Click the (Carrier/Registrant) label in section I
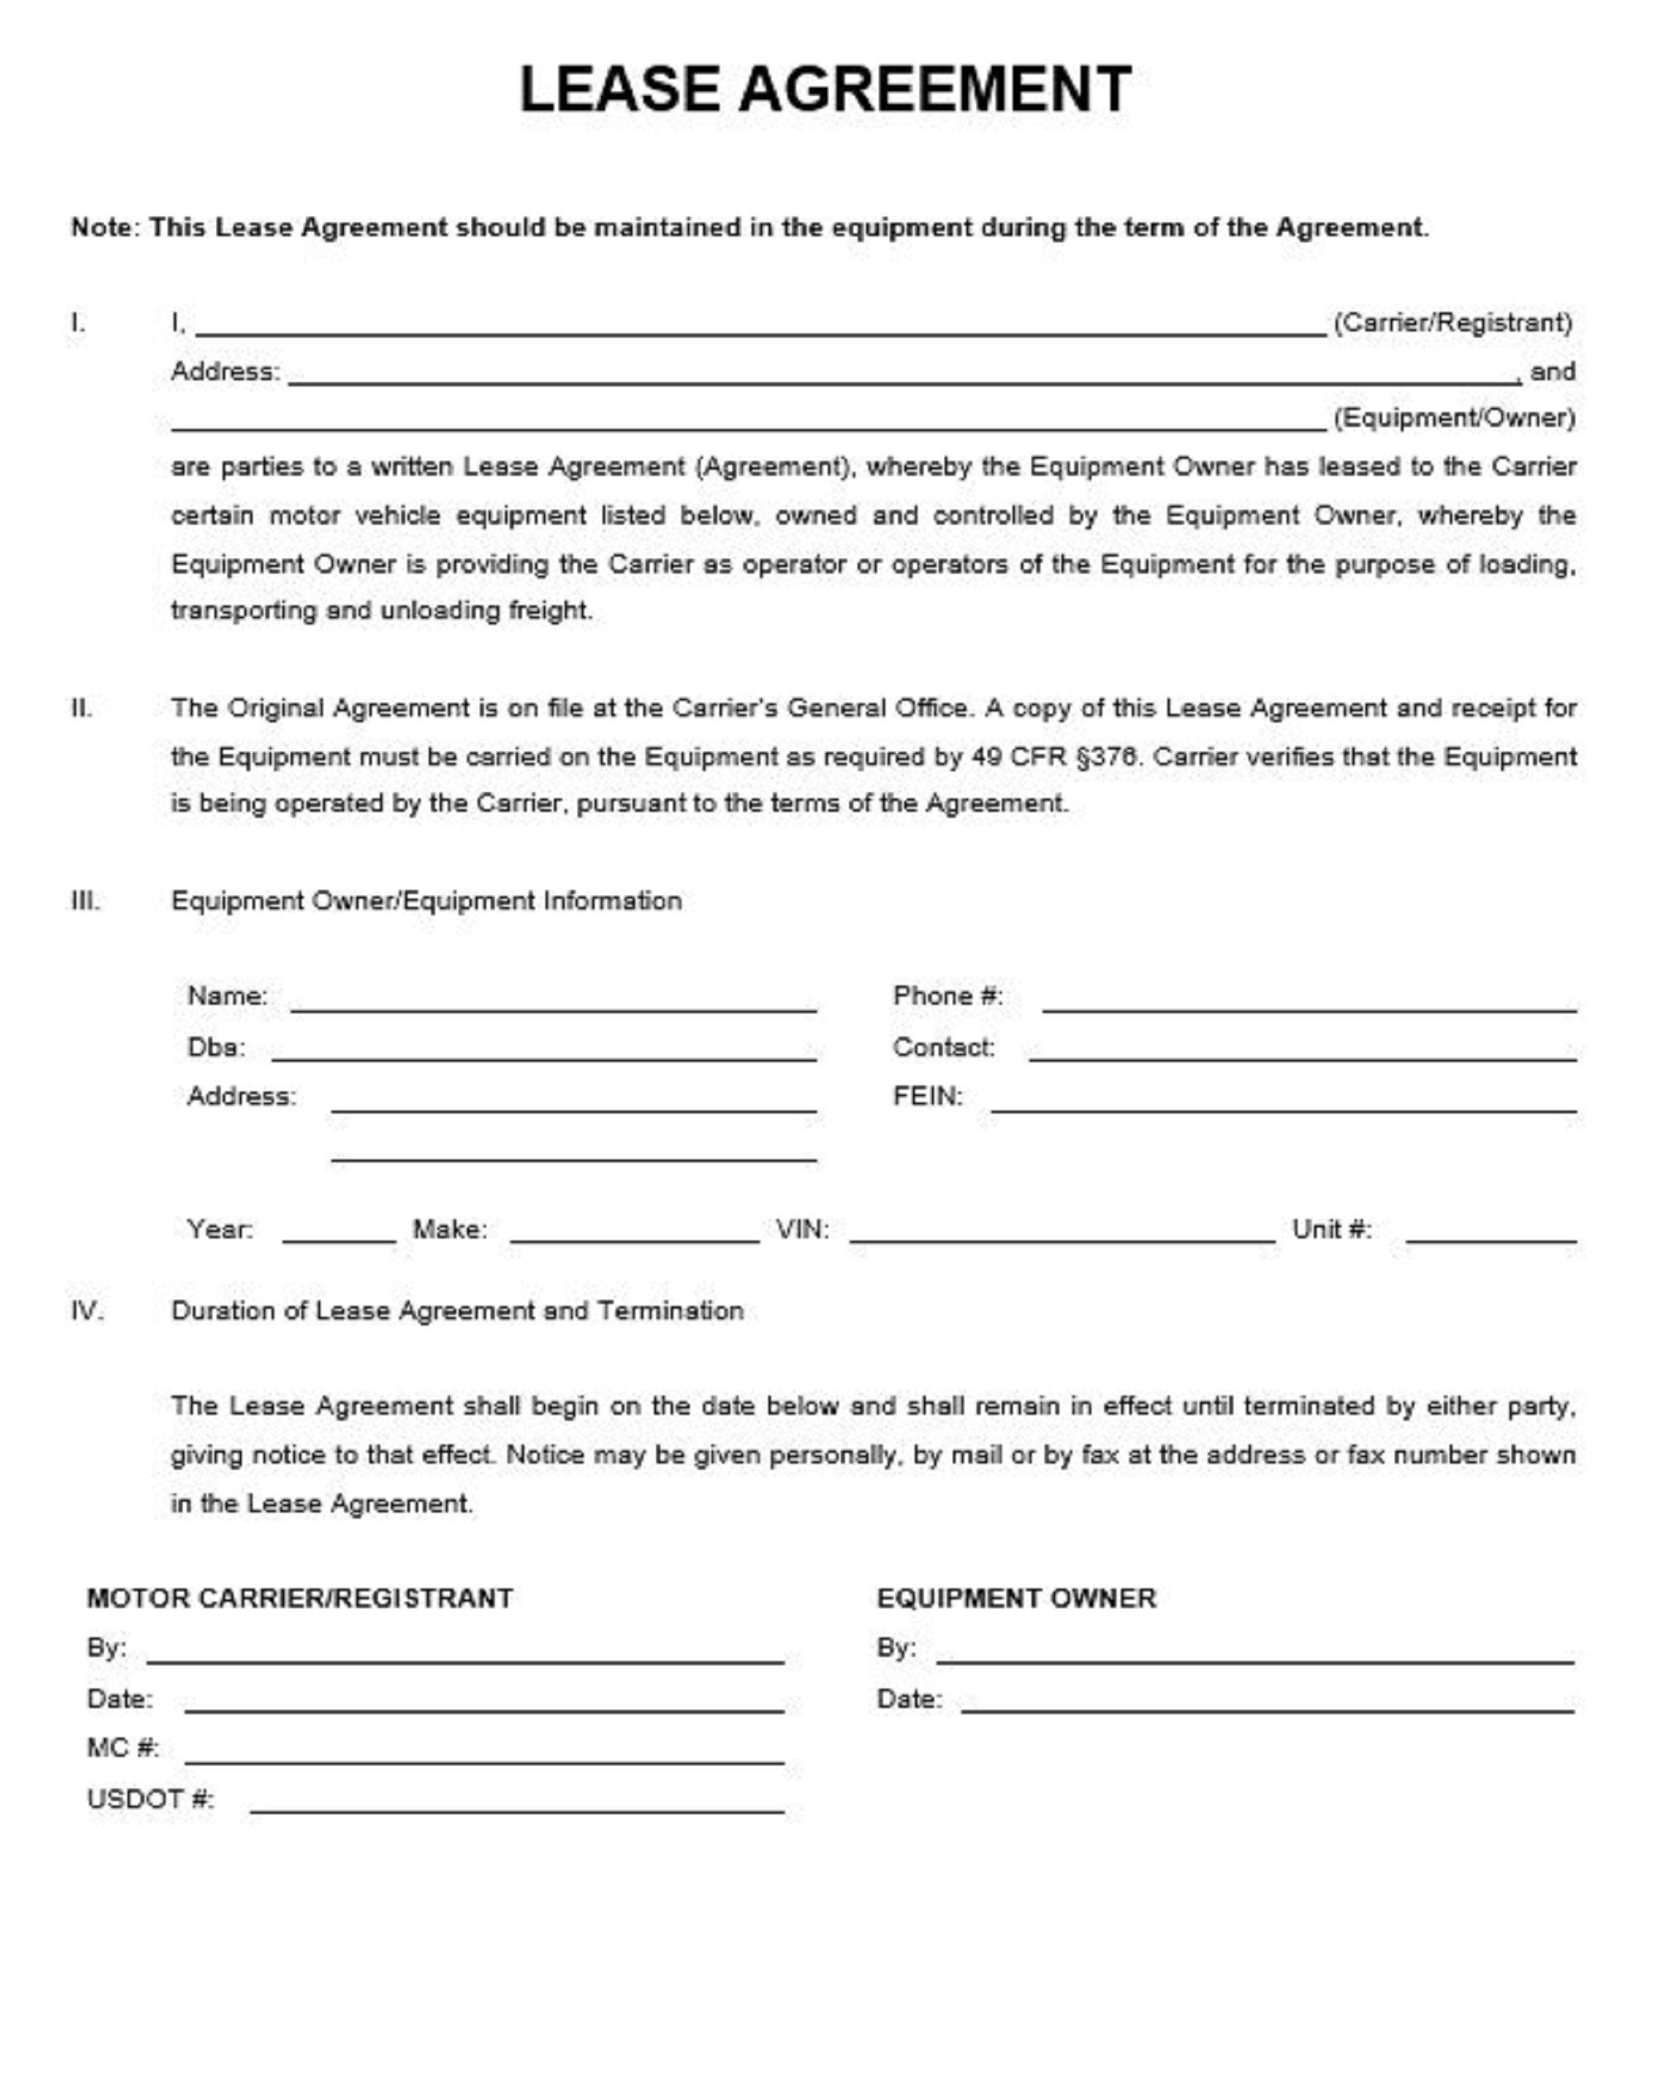(1451, 322)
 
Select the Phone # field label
(947, 996)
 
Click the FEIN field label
(927, 1097)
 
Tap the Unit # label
(1331, 1229)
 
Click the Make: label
(450, 1229)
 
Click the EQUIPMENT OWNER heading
(1016, 1598)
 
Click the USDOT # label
(150, 1798)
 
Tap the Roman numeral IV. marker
(86, 1310)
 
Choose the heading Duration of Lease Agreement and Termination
(457, 1310)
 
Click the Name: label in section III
(227, 996)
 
